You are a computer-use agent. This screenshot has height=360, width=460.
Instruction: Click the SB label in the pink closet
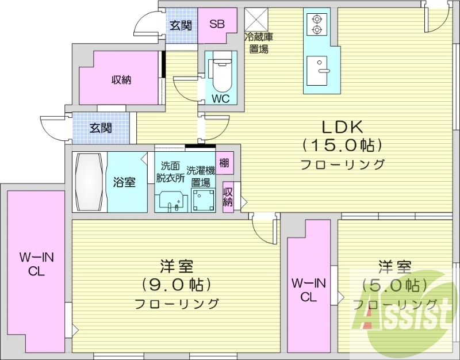(x=217, y=24)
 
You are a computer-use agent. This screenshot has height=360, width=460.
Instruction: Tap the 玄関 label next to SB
(x=181, y=25)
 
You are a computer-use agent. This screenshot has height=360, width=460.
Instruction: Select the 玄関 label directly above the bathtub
(x=101, y=128)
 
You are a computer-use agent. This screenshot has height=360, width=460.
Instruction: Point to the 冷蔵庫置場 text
(x=258, y=44)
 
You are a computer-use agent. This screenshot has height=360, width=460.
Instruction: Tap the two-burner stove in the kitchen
(x=316, y=25)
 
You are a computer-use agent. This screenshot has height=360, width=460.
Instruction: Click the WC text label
(x=220, y=98)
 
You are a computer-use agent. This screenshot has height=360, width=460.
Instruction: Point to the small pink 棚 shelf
(x=224, y=163)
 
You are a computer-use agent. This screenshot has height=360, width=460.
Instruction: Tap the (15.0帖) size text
(x=343, y=144)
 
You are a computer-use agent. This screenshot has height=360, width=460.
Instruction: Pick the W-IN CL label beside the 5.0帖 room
(x=309, y=289)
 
